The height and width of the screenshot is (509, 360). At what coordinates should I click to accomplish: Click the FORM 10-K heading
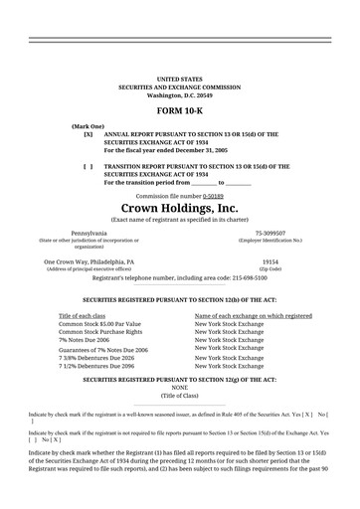pyautogui.click(x=179, y=111)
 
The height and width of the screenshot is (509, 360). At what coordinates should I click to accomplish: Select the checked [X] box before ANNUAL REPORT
pyautogui.click(x=89, y=133)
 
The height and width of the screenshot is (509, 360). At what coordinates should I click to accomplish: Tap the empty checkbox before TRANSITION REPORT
pyautogui.click(x=89, y=166)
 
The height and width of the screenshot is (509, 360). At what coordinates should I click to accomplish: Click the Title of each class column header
pyautogui.click(x=88, y=315)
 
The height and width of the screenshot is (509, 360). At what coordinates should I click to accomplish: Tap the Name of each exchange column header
pyautogui.click(x=254, y=315)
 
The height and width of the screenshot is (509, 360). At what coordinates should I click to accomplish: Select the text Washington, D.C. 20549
pyautogui.click(x=179, y=93)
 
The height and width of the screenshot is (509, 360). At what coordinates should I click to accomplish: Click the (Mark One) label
pyautogui.click(x=88, y=125)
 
